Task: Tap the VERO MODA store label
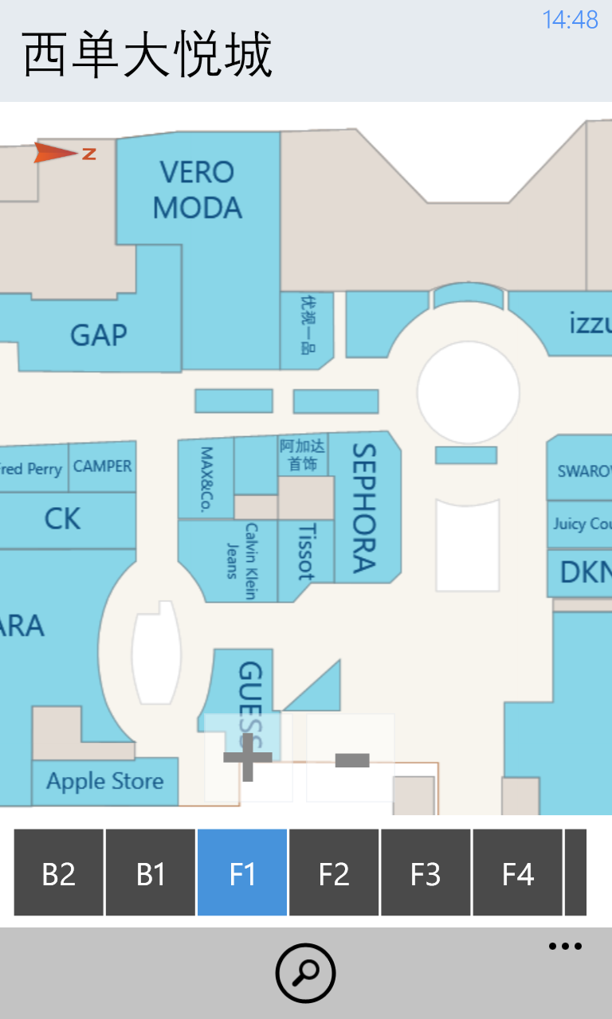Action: point(197,190)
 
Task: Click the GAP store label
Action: point(99,335)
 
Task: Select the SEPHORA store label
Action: point(363,508)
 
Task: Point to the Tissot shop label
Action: point(305,551)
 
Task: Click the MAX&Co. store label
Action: point(206,479)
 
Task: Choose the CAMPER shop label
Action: point(103,467)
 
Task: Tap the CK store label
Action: point(62,519)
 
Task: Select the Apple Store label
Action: point(104,781)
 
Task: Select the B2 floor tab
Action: point(59,873)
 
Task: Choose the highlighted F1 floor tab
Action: point(242,873)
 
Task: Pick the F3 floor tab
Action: point(426,873)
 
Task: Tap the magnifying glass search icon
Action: point(306,973)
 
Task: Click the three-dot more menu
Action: point(565,947)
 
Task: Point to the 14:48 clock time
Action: point(570,20)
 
